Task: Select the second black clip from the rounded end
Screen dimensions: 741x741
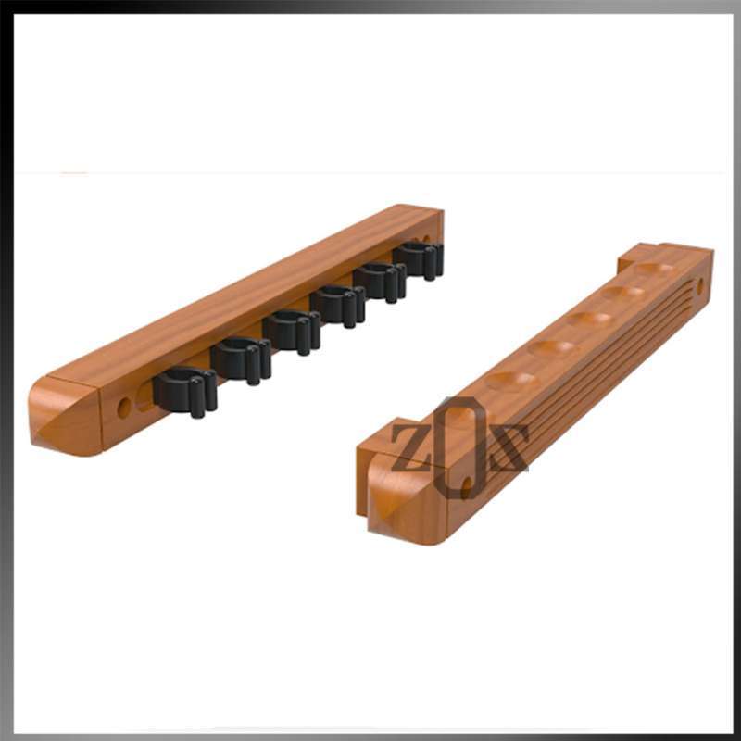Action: [x=241, y=358]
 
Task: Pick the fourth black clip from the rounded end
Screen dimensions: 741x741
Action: [x=338, y=304]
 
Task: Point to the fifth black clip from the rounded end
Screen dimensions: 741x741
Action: [x=381, y=280]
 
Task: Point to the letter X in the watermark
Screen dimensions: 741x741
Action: [x=506, y=448]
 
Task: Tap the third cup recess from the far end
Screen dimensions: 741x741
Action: [x=589, y=319]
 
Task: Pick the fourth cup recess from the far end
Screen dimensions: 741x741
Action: [x=553, y=347]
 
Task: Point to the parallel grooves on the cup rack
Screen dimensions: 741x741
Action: [x=593, y=370]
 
